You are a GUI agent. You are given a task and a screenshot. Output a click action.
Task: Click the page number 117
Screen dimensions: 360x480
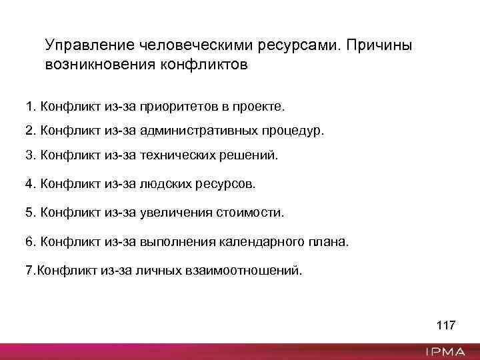click(x=445, y=326)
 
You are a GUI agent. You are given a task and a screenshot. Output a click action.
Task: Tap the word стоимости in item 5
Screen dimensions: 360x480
click(x=249, y=213)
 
